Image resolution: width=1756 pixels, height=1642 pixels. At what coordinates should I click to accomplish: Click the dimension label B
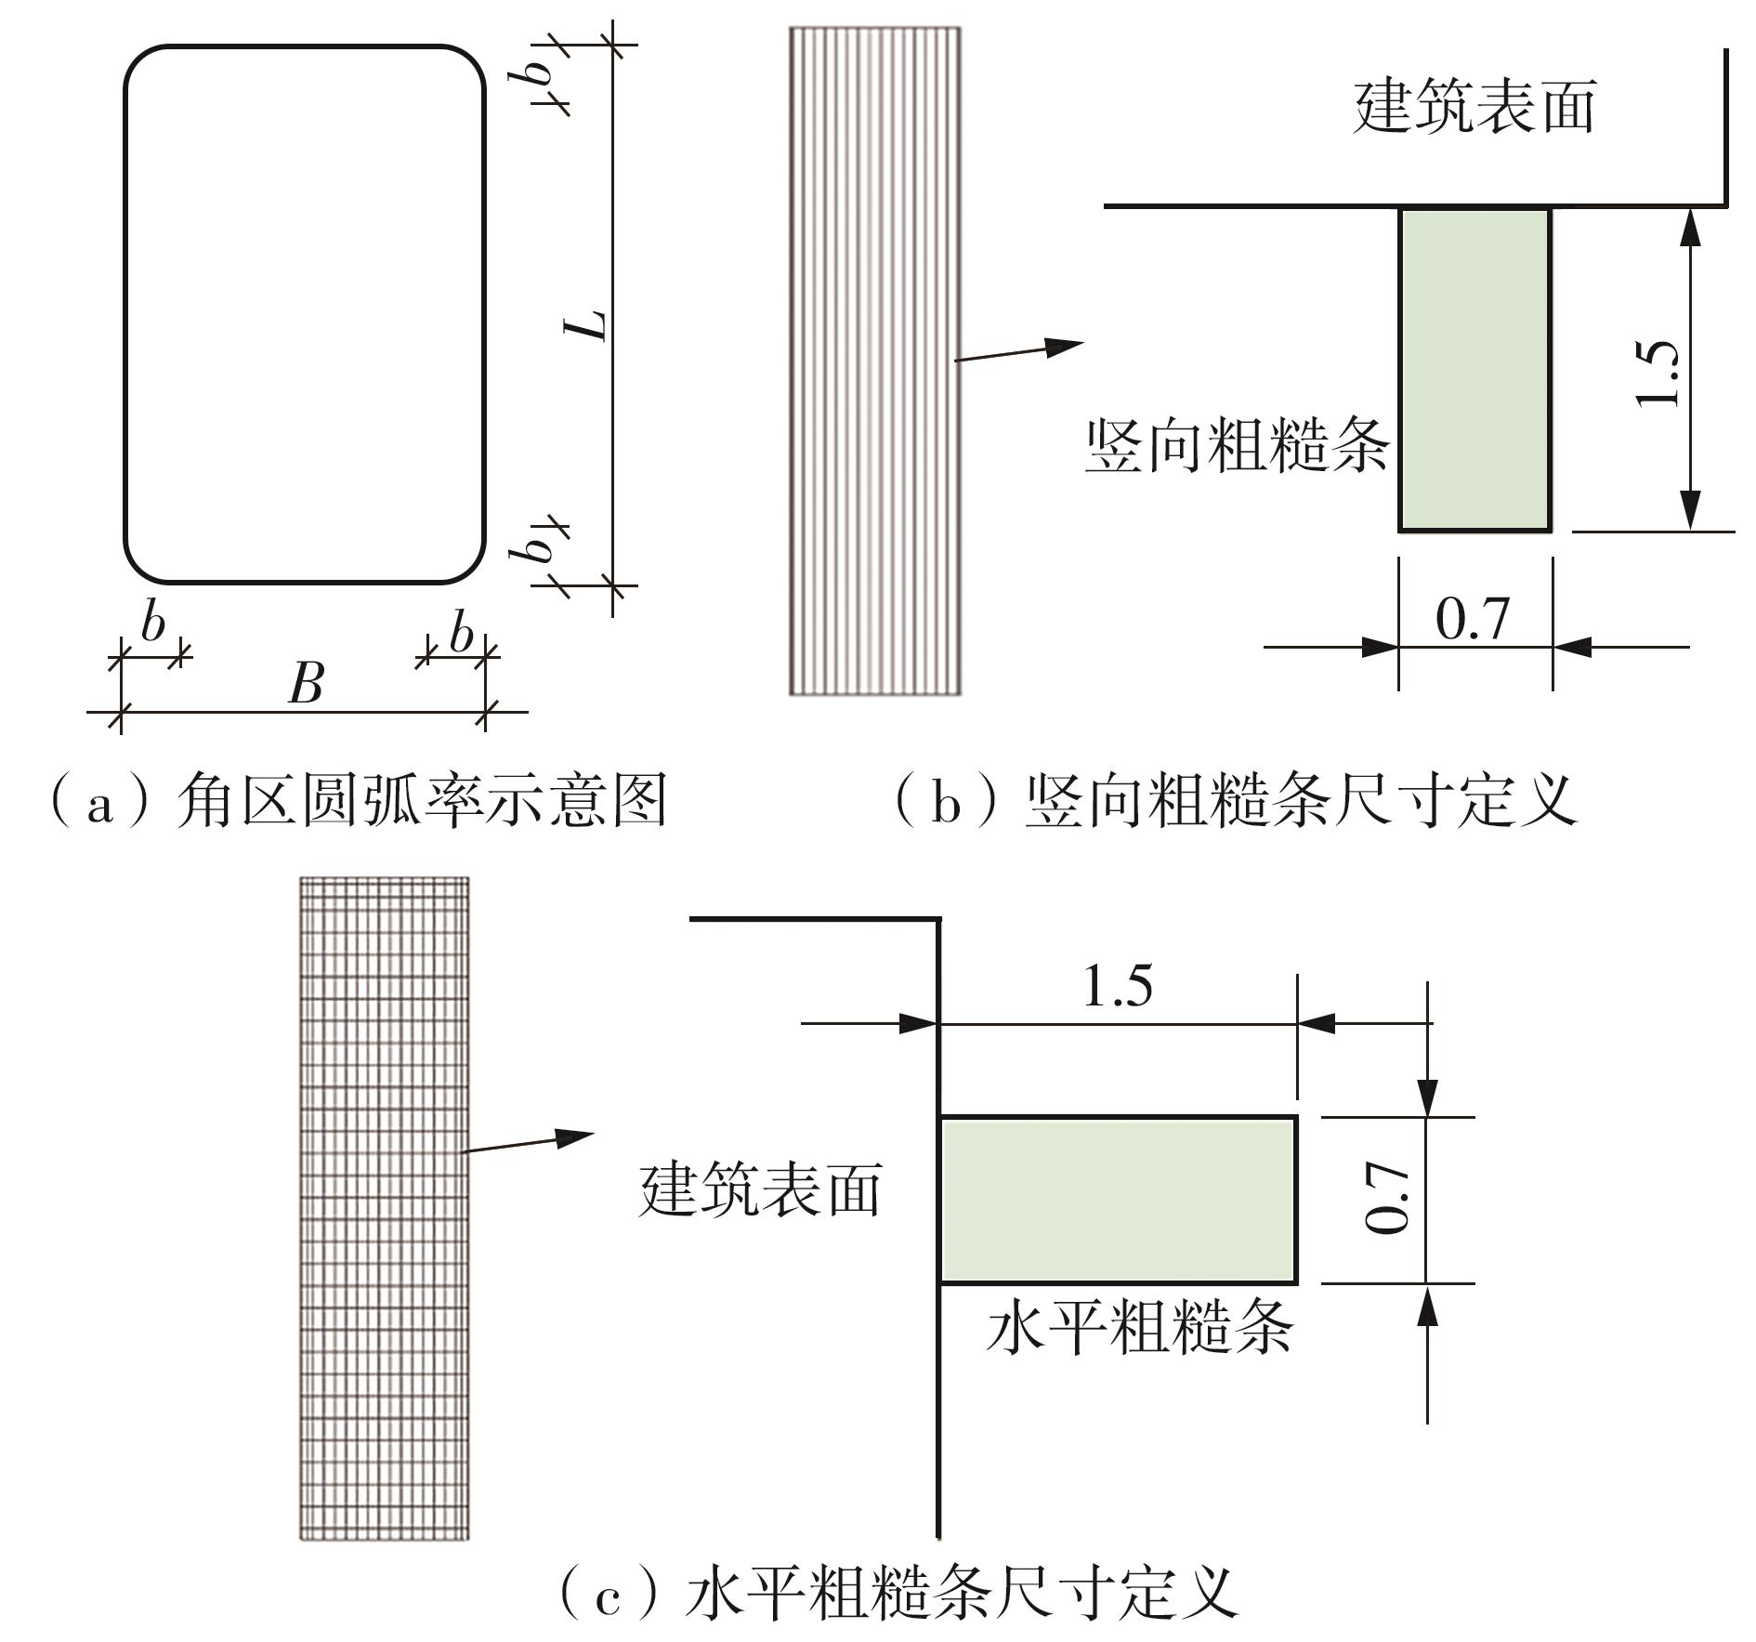pos(306,684)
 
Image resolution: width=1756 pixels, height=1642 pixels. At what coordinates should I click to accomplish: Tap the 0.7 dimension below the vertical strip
pos(1473,619)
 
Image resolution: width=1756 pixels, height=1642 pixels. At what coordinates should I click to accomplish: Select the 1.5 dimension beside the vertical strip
pos(1657,373)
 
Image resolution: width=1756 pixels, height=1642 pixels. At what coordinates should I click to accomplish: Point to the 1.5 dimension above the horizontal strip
pos(1118,985)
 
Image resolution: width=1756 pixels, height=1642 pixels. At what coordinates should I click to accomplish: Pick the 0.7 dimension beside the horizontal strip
pos(1387,1200)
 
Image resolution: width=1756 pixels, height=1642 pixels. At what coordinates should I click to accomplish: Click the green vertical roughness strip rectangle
pos(1474,370)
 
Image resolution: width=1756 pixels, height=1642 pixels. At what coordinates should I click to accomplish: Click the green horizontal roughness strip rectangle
pos(1119,1200)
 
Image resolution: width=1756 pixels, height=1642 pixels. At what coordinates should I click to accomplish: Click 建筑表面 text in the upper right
pos(1474,107)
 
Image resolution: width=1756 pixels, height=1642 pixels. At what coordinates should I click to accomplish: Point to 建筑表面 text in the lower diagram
pos(760,1190)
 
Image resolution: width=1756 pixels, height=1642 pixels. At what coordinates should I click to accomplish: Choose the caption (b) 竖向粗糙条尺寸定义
pos(1235,801)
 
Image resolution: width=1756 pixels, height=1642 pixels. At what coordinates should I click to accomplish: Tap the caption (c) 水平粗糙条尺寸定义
pos(898,1593)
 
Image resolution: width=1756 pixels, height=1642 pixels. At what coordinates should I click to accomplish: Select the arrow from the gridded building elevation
pos(528,1142)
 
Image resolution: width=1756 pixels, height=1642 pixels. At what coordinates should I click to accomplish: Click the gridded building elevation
pos(385,1208)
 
